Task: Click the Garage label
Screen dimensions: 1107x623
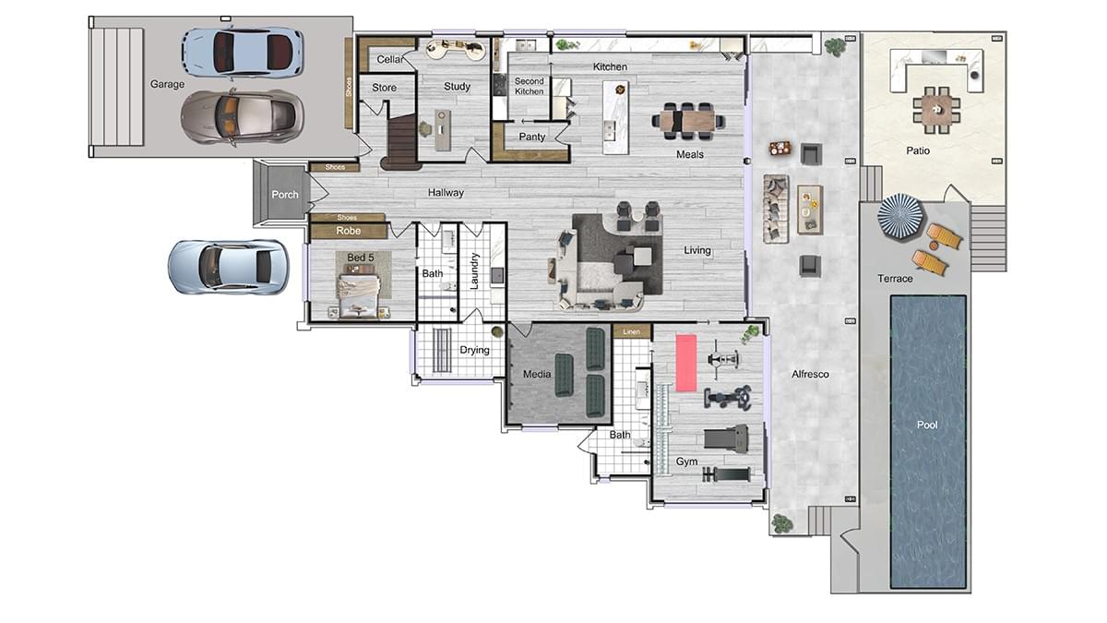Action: (167, 84)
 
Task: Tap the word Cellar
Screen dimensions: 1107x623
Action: (390, 59)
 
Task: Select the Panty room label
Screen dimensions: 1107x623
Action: (531, 137)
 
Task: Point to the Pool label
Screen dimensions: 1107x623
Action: (927, 425)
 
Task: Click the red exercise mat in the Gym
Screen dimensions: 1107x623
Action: (686, 363)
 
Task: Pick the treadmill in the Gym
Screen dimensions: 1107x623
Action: (725, 439)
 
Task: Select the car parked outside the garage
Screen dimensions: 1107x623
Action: (228, 267)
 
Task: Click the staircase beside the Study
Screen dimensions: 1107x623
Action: (400, 142)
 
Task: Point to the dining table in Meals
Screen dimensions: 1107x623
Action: (688, 121)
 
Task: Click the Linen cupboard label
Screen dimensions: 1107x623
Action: (631, 331)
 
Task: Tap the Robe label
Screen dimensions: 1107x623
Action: (348, 231)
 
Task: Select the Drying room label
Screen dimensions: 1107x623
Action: (474, 350)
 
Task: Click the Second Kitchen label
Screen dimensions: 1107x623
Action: (529, 86)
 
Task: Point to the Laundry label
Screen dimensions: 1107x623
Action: (474, 270)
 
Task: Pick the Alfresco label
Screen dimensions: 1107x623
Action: (810, 375)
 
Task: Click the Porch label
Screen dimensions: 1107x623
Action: (285, 195)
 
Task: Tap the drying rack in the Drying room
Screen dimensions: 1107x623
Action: (442, 350)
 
